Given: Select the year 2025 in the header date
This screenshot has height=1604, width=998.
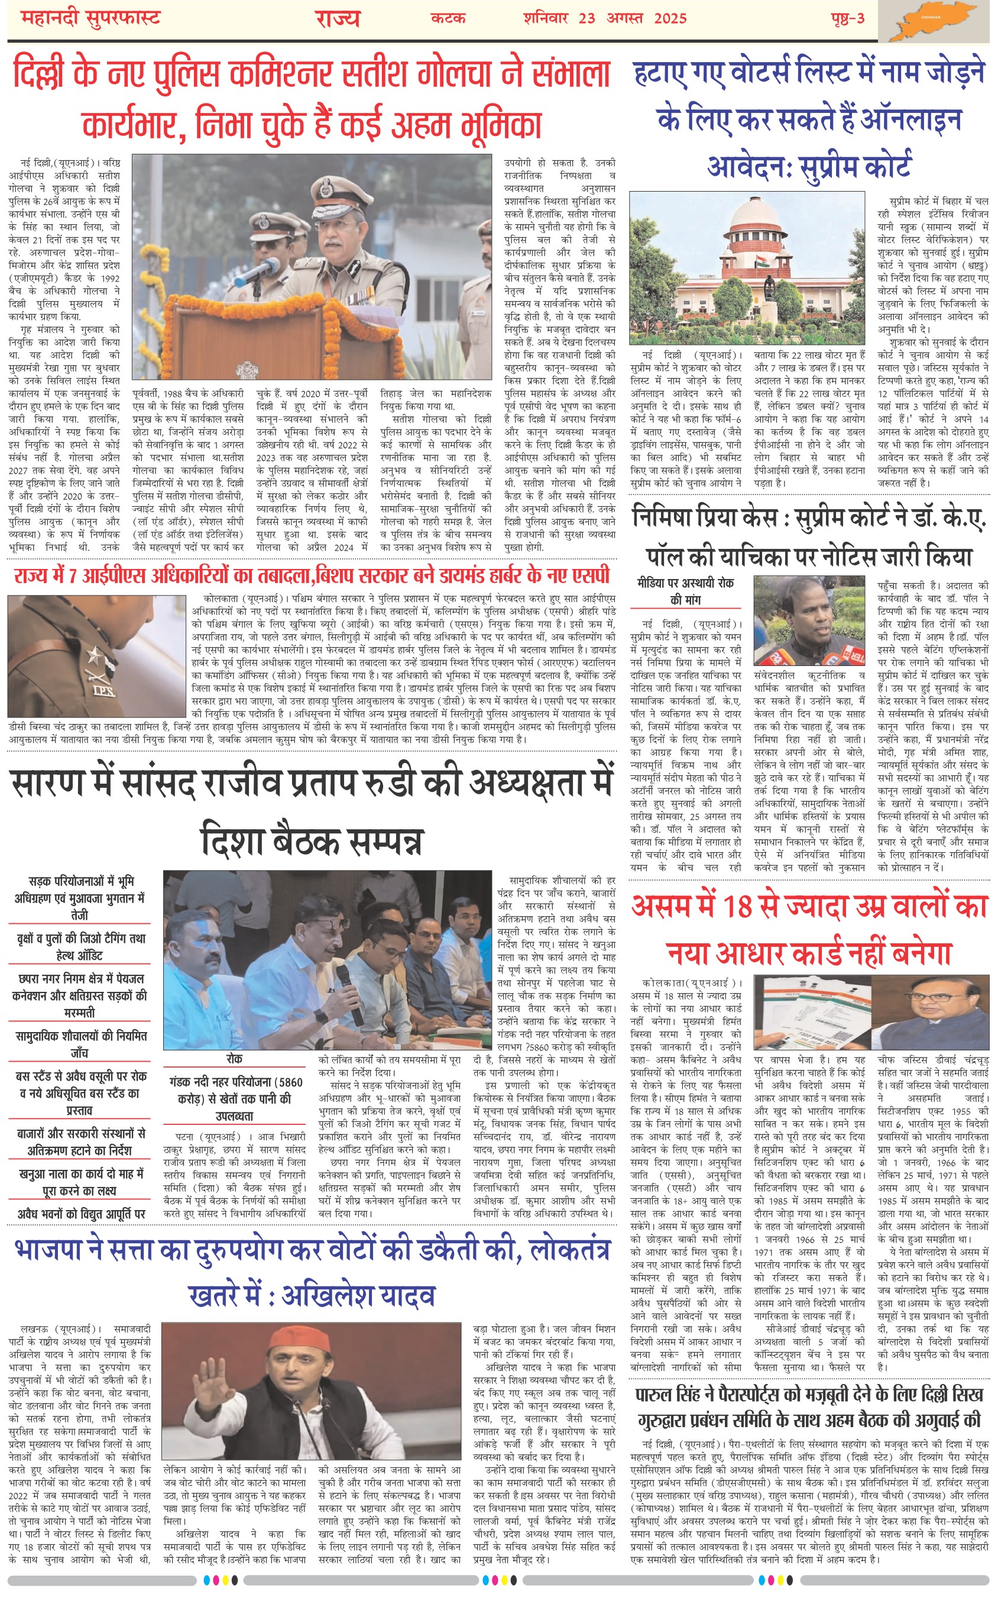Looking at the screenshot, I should pos(670,18).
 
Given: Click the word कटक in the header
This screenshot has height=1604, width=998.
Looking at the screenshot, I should pos(448,18).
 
